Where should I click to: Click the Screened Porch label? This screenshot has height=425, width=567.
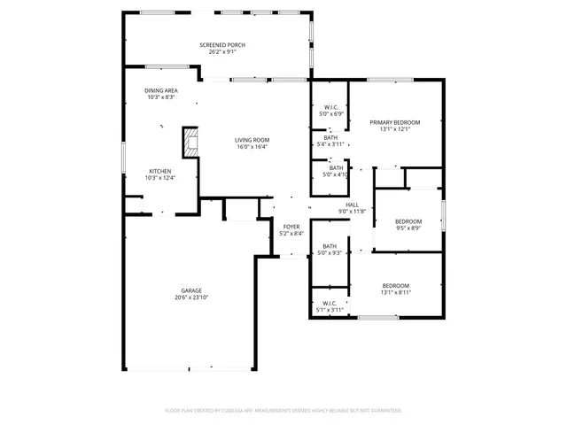221,45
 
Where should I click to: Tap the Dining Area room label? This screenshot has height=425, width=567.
160,90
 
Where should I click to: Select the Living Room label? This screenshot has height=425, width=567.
252,140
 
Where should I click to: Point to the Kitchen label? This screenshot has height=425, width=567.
159,171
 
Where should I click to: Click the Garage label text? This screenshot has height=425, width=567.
191,290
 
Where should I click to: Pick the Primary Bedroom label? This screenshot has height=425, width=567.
394,122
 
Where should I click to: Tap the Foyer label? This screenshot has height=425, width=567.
291,227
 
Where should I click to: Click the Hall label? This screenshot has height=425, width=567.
352,205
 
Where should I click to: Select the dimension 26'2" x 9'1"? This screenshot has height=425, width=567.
221,52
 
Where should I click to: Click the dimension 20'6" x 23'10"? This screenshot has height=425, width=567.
191,297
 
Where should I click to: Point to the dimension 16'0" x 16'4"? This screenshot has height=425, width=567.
252,147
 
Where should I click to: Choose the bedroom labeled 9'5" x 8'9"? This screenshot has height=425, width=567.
408,224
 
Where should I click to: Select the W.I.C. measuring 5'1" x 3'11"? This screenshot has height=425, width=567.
330,306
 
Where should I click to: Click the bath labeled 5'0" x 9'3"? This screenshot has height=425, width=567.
330,250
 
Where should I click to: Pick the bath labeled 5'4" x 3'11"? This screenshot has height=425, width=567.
330,141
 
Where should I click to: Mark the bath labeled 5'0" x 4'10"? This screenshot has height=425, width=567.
336,171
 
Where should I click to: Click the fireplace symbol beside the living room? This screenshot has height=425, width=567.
190,142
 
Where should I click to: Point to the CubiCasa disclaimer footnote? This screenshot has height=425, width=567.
283,411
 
